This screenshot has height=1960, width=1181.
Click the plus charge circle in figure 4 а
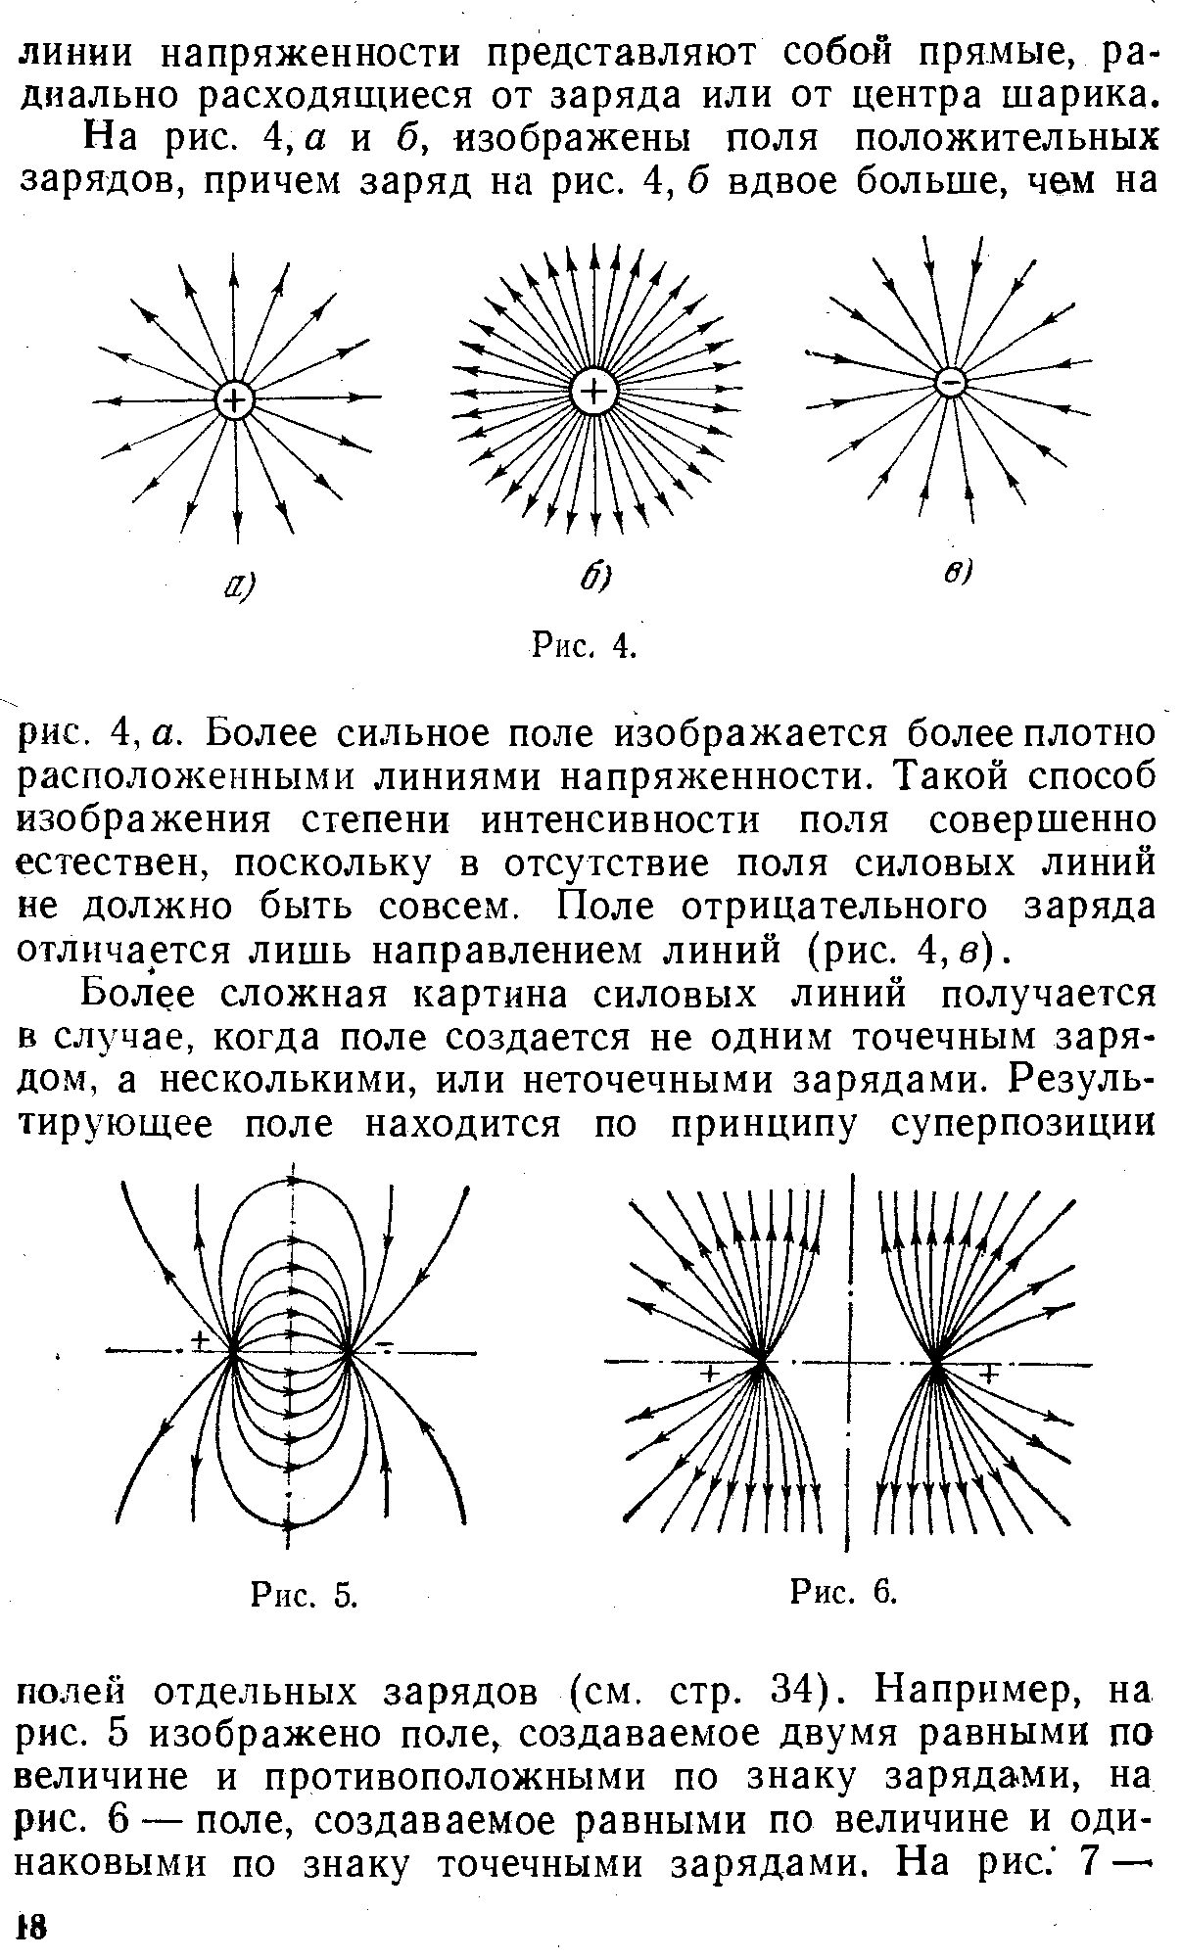click(234, 399)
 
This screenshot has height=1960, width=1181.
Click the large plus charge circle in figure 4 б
click(592, 394)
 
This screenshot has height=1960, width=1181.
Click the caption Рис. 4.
click(585, 645)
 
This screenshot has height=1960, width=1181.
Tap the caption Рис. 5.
click(304, 1597)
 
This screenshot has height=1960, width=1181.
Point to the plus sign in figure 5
click(201, 1339)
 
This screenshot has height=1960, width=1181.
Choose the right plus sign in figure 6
click(987, 1376)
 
